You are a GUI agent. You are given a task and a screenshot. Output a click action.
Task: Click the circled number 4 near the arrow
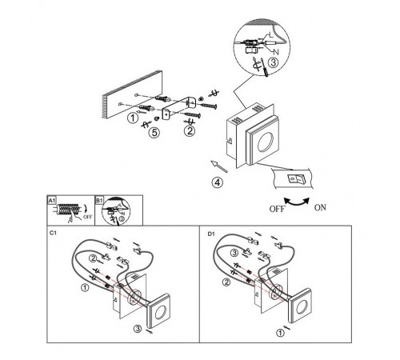[x=218, y=182]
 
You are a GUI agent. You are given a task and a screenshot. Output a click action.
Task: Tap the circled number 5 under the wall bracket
[x=154, y=132]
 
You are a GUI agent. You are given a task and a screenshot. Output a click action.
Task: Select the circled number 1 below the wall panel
[x=133, y=118]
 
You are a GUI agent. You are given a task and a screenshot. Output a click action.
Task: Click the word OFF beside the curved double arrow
[x=278, y=209]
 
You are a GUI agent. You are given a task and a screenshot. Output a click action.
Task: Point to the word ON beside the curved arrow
[x=320, y=207]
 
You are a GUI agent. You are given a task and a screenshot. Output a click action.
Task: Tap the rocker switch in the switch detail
[x=295, y=178]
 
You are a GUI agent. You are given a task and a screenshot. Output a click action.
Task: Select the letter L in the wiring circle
[x=271, y=34]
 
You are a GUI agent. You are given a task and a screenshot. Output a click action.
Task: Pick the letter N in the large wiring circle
[x=276, y=52]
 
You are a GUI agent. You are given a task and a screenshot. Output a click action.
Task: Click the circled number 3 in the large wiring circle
[x=273, y=62]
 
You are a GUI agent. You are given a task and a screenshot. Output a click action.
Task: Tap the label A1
[x=52, y=200]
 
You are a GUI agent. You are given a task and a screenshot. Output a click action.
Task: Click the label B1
[x=99, y=200]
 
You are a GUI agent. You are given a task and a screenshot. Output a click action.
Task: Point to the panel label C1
[x=53, y=233]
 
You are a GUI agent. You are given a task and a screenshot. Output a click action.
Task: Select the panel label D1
[x=211, y=234]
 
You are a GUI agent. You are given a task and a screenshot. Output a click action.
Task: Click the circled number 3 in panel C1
[x=138, y=329]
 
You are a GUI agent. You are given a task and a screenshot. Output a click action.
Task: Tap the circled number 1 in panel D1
[x=280, y=333]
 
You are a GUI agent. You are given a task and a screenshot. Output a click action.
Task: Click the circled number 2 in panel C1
[x=93, y=258]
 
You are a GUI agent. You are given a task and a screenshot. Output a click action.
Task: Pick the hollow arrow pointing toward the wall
[x=219, y=166]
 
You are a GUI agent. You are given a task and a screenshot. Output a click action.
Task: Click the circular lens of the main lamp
[x=266, y=142]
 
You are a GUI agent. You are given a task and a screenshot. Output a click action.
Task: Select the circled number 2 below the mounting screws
[x=190, y=131]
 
